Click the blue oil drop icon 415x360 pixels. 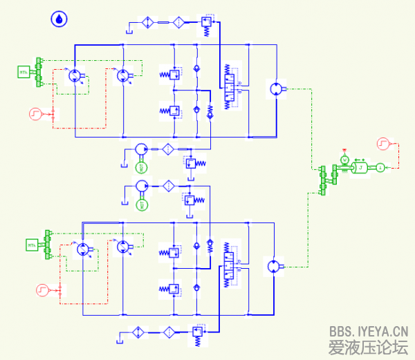59,19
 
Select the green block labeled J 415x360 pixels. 360,167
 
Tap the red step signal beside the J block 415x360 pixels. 383,144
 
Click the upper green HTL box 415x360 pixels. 24,71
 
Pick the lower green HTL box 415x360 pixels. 32,244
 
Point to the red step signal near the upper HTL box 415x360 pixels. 37,113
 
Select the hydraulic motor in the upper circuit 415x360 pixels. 275,89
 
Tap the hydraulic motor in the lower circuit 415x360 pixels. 274,266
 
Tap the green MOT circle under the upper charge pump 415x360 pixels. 142,167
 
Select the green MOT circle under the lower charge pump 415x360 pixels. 142,204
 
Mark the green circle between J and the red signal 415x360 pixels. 380,167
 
